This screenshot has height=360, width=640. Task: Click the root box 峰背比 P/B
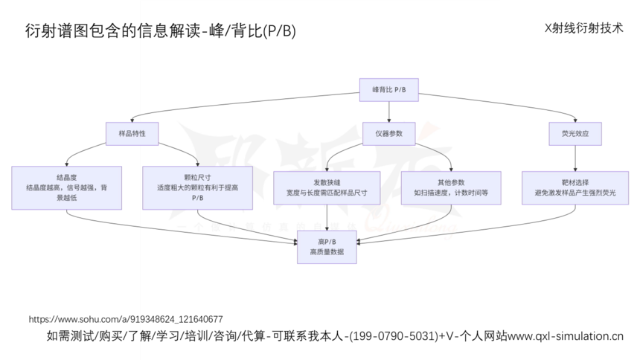click(x=388, y=89)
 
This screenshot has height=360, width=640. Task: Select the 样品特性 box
click(x=132, y=133)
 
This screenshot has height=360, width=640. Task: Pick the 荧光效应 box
click(x=575, y=133)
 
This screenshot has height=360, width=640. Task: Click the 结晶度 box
click(x=67, y=187)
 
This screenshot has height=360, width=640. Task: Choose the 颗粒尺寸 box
click(x=197, y=187)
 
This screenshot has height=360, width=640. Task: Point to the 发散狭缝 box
click(x=327, y=187)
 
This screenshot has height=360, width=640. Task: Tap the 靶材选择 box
click(x=575, y=187)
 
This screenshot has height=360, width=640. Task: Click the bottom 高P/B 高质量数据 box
click(x=327, y=247)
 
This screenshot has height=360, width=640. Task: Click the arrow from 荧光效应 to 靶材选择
click(x=575, y=158)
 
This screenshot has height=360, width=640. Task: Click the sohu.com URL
click(x=126, y=319)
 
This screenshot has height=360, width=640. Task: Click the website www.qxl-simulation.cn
click(x=566, y=336)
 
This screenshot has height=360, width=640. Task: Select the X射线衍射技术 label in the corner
click(x=583, y=28)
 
